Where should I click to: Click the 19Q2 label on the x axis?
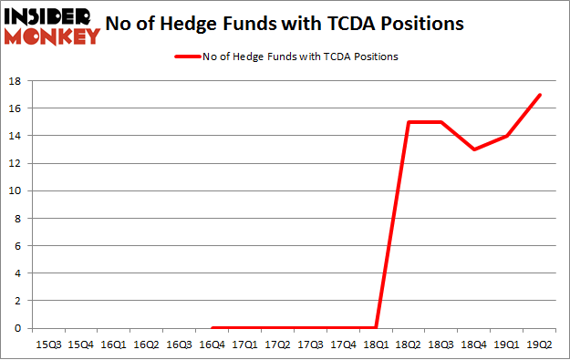[x=540, y=345]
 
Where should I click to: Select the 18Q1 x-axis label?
[x=376, y=345]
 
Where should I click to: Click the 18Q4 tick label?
[x=474, y=345]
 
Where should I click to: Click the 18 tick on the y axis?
[x=15, y=81]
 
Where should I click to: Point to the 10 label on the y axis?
[x=15, y=191]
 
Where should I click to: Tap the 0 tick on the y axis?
[x=17, y=329]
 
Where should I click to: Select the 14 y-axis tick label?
[x=15, y=136]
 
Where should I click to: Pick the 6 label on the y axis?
[x=17, y=246]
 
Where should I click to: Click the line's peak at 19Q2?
[x=540, y=95]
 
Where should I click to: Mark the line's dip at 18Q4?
[x=474, y=149]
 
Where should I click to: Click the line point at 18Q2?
[x=409, y=122]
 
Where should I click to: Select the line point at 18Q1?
[x=376, y=328]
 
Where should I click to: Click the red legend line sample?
[x=187, y=57]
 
